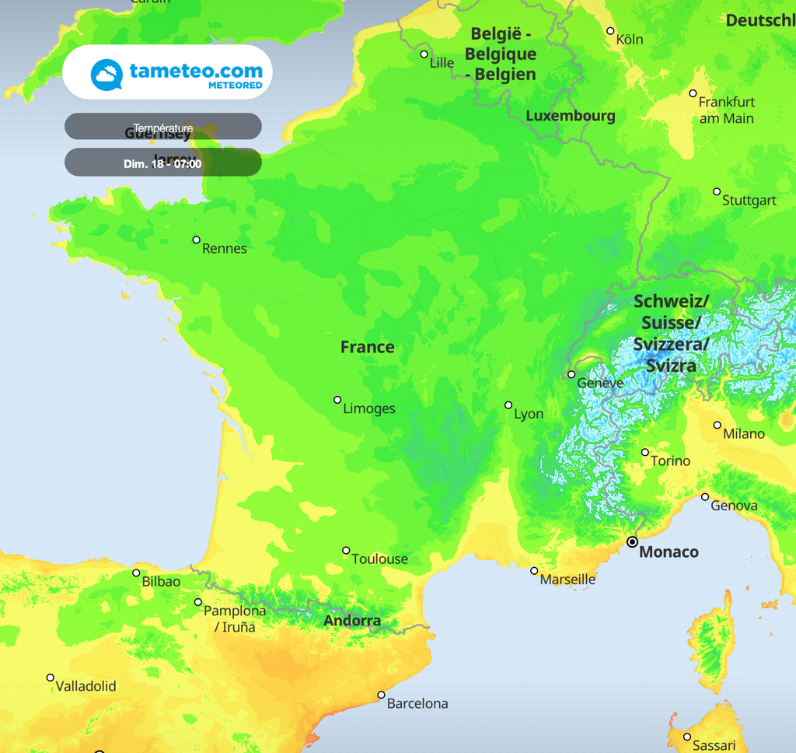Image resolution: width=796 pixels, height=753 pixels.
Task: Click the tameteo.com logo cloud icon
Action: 107,75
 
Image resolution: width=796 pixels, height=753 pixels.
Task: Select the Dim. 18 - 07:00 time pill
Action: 162,163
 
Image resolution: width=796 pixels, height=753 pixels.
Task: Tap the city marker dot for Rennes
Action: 197,240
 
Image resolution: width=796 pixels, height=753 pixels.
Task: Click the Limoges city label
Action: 369,409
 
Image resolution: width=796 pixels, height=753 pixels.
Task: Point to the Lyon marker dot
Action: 508,405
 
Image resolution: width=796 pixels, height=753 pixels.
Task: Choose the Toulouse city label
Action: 379,559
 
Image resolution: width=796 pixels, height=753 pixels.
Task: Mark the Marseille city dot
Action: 534,571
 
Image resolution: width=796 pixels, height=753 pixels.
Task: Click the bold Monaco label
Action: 668,552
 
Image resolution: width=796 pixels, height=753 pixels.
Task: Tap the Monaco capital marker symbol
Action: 632,541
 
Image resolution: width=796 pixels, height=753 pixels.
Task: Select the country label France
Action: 367,347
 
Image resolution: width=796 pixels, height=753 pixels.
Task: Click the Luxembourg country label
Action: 571,116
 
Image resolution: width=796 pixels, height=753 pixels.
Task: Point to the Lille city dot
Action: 424,54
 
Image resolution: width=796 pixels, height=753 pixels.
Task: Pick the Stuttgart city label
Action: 749,201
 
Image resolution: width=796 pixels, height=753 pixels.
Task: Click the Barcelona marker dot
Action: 381,695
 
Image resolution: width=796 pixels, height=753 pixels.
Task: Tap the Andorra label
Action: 352,621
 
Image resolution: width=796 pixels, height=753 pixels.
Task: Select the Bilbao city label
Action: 161,582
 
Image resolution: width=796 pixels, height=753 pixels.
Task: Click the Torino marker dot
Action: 644,452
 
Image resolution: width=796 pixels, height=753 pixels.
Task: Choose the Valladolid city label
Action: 86,686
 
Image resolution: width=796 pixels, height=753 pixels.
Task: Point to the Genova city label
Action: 734,506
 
